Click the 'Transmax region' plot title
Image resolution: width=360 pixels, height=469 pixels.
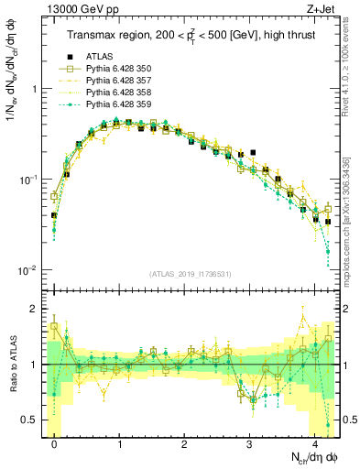coord(191,36)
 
